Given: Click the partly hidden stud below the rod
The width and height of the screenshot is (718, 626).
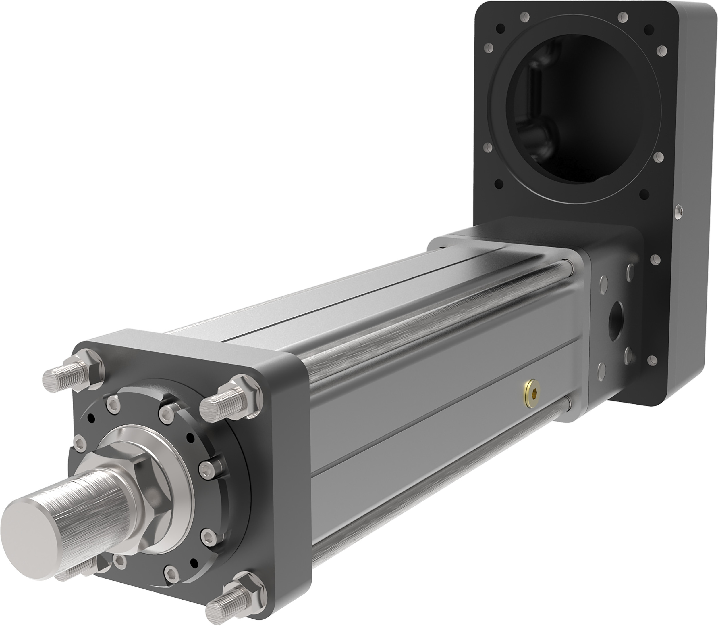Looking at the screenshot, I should point(75,573).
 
